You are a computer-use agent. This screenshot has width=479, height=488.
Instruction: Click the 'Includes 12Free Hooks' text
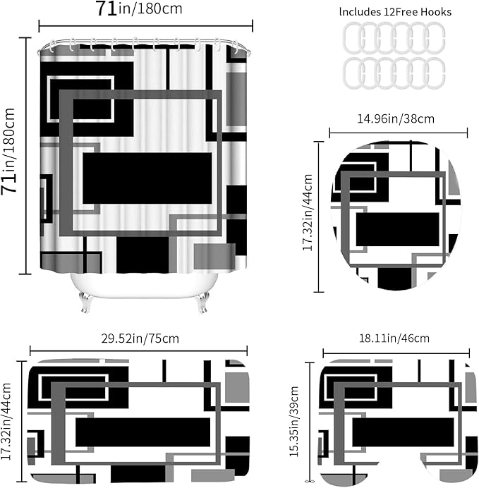point(395,12)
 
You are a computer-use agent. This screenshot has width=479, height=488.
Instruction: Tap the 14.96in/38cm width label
point(395,119)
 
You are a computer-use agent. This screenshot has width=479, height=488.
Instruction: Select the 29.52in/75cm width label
point(140,338)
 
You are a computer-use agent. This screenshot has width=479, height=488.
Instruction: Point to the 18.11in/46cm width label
point(394,338)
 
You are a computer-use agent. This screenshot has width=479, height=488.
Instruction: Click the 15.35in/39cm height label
point(294,422)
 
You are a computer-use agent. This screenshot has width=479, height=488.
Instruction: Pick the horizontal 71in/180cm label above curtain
point(139,8)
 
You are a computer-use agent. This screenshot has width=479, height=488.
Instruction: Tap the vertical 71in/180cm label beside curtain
point(8,152)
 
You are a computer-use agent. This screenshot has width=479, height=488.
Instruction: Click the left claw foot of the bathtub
point(85,302)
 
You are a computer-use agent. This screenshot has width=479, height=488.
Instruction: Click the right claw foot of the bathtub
point(201,302)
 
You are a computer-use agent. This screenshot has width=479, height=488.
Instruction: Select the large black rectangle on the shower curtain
point(147,178)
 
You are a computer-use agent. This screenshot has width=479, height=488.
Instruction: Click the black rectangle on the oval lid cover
point(397,229)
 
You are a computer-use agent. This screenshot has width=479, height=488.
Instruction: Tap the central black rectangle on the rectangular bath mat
point(143,432)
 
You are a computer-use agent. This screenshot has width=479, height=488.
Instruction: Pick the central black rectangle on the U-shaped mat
point(403,432)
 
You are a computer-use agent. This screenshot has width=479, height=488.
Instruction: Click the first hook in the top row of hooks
point(353,38)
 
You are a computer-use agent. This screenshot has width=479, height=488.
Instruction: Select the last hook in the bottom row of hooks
point(435,73)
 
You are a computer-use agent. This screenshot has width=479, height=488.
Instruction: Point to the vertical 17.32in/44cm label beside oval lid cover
point(308,212)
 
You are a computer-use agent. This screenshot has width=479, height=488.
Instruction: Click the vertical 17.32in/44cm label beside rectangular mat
point(6,422)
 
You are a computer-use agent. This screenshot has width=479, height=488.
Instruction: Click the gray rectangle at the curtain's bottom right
point(214,257)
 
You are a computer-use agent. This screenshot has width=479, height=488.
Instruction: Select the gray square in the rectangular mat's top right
point(237,387)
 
